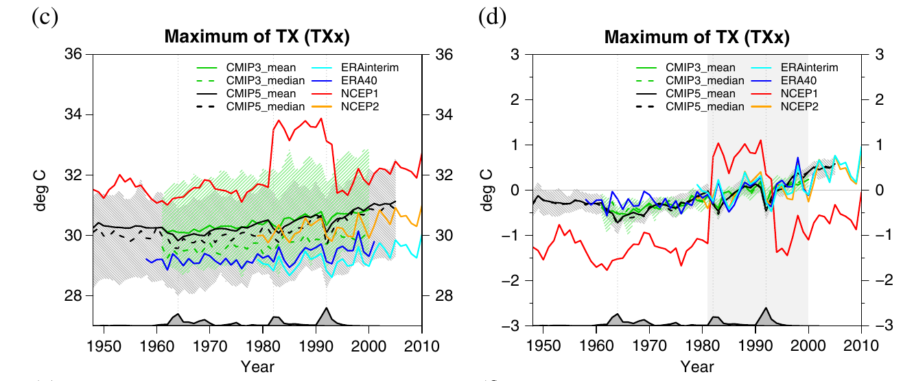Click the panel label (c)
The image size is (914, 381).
45,18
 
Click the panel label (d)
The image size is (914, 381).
493,18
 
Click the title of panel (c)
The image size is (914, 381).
257,37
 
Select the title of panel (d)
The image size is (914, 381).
697,37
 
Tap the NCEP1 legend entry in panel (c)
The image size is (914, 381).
345,94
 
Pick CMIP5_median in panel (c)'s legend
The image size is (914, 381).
251,107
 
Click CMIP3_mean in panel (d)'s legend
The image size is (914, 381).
686,68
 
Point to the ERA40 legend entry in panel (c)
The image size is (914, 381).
344,81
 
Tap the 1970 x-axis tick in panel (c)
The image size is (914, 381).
210,346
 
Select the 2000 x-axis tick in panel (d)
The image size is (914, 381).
808,346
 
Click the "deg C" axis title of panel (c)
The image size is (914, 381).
40,190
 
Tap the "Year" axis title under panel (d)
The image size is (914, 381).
697,367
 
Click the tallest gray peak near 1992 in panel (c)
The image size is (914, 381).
327,308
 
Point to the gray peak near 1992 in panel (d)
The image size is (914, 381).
766,308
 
